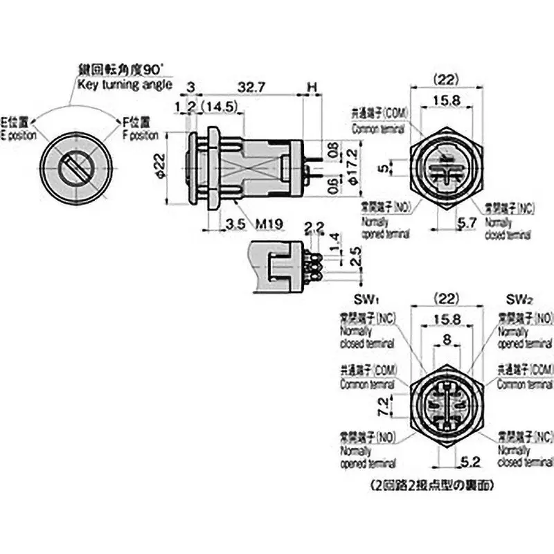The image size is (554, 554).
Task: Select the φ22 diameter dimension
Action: coord(160,167)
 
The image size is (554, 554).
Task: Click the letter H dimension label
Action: coord(312,88)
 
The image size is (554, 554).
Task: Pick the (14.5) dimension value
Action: coord(222,107)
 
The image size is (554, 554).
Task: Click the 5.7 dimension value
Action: coord(467,223)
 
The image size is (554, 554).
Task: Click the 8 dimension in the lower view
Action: coord(446,340)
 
